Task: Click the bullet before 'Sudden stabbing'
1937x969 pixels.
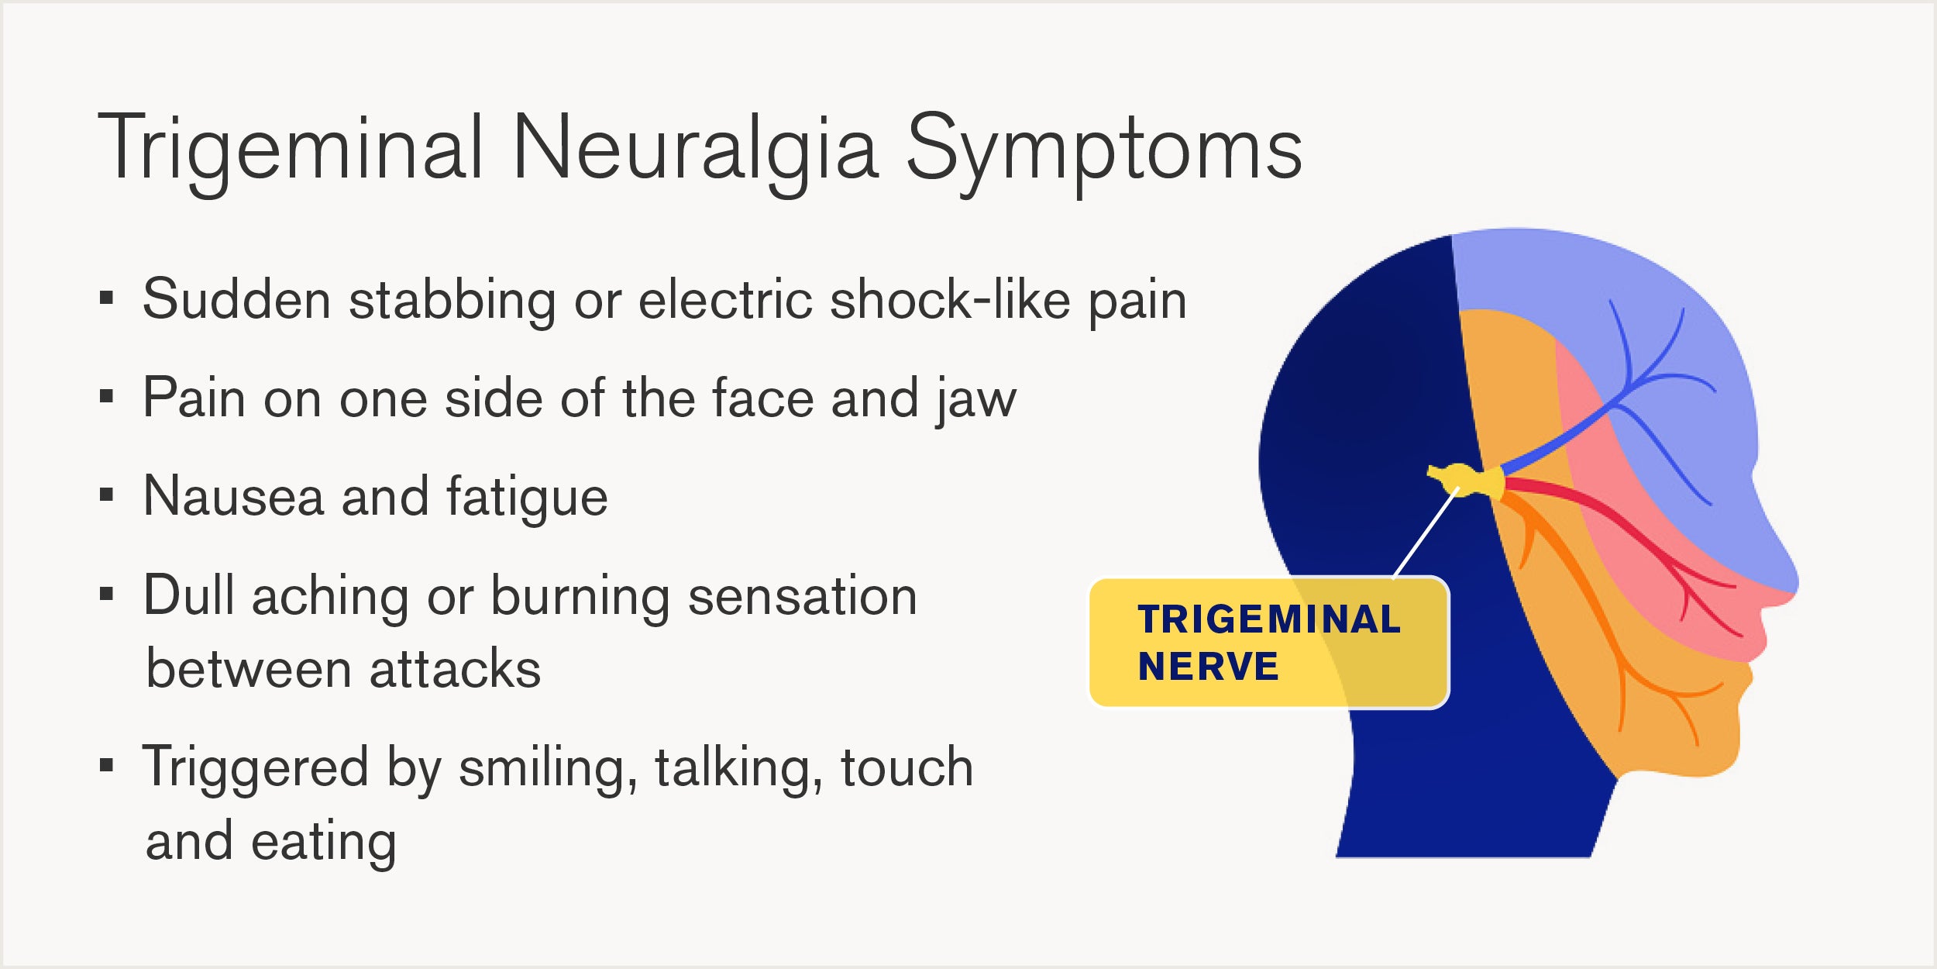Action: coord(107,298)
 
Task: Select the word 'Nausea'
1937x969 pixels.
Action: coord(233,496)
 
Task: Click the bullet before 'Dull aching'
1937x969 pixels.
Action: coord(107,595)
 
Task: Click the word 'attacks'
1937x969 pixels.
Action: coord(455,669)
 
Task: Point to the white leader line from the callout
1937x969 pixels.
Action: coord(1426,533)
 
